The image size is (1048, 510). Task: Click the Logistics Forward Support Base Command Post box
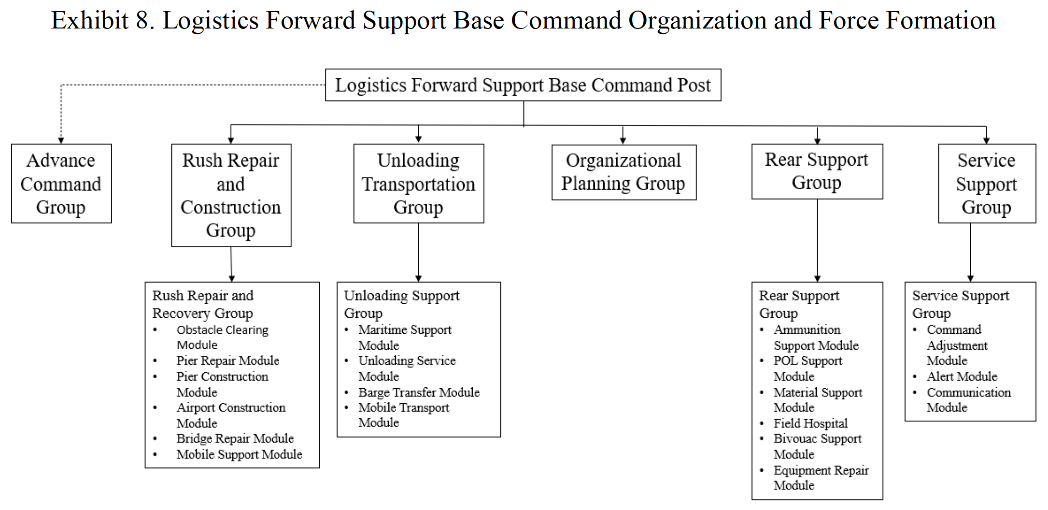coord(523,85)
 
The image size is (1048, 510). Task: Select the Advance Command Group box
coord(61,184)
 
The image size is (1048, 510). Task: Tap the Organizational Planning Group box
coord(623,172)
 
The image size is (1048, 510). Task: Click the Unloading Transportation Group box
coord(419,184)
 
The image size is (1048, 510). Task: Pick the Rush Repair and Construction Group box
coord(231,195)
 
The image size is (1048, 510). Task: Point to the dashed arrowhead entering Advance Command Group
coord(61,141)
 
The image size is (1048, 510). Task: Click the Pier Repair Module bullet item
coord(227,361)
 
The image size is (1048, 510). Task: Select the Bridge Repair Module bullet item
coord(235,439)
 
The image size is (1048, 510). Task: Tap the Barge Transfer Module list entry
coord(419,392)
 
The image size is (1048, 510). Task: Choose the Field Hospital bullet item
coord(810,424)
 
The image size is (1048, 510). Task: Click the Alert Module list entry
coord(962,377)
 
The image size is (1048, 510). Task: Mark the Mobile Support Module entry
coord(239,454)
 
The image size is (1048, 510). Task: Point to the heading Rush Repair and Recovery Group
coord(203,304)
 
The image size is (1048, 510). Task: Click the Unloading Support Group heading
coord(401,304)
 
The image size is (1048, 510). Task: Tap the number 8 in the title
coord(142,20)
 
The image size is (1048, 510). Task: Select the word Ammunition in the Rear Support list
coord(807,330)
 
